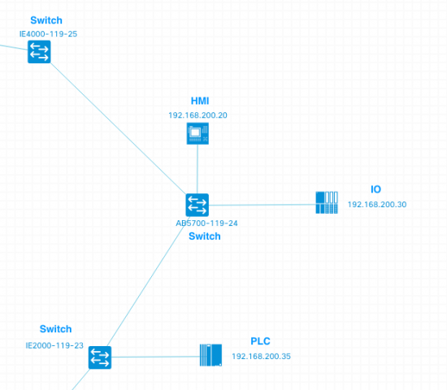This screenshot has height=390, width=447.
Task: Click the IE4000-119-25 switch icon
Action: point(39,53)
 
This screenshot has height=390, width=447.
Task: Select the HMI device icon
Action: point(197,134)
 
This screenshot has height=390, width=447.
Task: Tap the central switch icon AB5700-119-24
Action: point(197,205)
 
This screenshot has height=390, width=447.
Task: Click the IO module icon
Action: point(327,202)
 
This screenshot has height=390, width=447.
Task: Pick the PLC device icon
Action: point(210,355)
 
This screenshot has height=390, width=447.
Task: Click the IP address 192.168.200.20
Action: point(197,115)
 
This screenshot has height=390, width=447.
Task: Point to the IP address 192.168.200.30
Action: point(376,205)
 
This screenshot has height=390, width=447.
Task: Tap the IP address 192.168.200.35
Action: point(261,357)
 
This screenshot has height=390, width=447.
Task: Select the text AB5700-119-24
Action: point(206,223)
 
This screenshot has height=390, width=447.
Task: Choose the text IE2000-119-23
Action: point(54,345)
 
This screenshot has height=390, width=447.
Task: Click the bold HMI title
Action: point(200,101)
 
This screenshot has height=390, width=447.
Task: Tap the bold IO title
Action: point(375,189)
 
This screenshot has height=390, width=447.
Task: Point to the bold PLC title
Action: point(260,341)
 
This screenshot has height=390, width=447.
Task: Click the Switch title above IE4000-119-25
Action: point(46,19)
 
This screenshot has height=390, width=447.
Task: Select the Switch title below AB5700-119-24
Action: point(204,236)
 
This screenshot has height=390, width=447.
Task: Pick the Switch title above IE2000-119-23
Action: point(55,329)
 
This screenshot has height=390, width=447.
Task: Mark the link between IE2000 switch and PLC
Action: point(154,357)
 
